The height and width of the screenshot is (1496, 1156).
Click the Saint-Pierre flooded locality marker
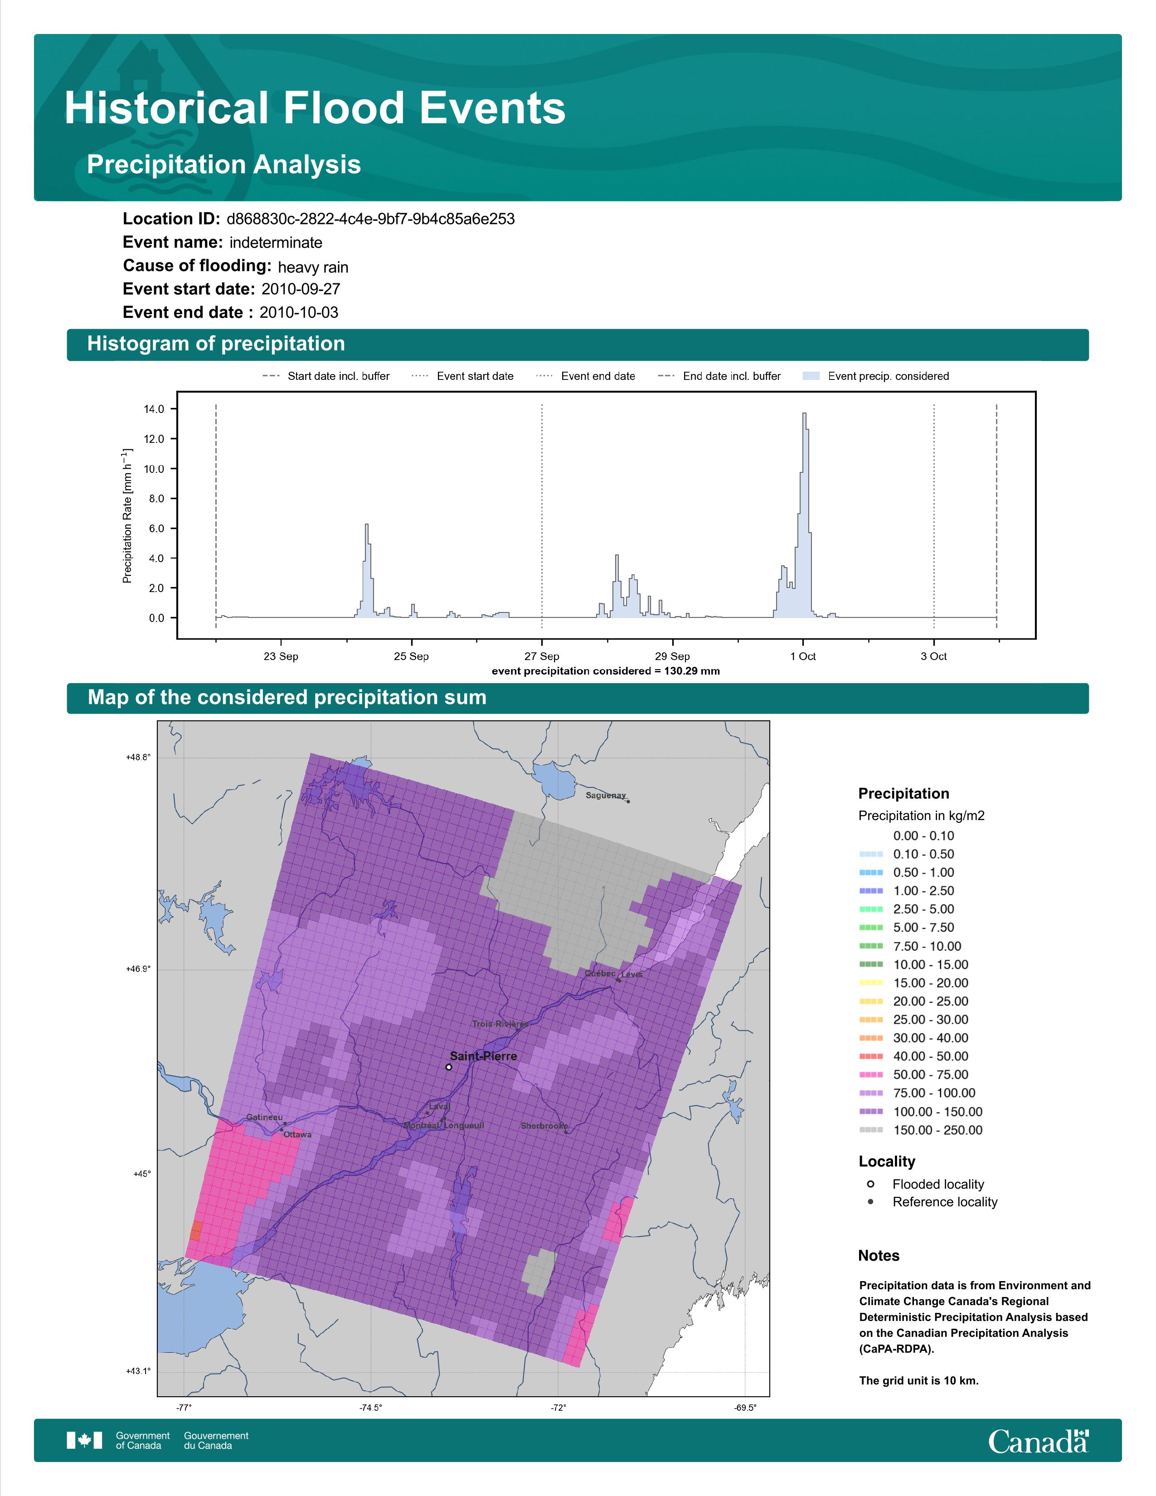point(448,1067)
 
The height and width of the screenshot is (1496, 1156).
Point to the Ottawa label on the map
point(297,1134)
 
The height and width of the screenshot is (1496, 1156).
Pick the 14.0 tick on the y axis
point(154,409)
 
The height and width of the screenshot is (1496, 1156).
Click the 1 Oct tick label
point(802,656)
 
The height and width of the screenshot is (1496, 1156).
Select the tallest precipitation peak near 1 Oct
point(805,414)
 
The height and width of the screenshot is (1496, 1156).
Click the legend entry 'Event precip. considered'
point(880,376)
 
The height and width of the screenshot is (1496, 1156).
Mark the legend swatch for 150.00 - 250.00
point(870,1130)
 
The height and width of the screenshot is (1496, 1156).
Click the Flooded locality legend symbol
point(870,1184)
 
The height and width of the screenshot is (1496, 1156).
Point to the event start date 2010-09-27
point(301,289)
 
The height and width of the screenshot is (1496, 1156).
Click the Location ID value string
point(370,219)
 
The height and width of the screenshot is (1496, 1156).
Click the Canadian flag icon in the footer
point(84,1441)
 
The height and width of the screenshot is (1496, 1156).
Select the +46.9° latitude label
point(138,969)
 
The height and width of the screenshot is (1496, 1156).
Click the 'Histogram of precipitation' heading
point(216,344)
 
